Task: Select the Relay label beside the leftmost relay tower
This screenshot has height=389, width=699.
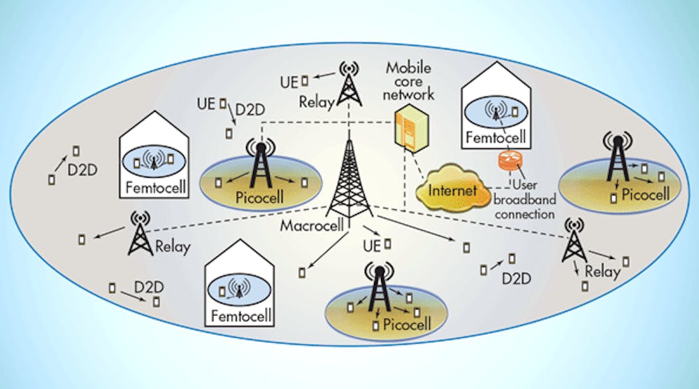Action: point(173,247)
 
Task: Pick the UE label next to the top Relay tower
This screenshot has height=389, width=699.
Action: point(289,82)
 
